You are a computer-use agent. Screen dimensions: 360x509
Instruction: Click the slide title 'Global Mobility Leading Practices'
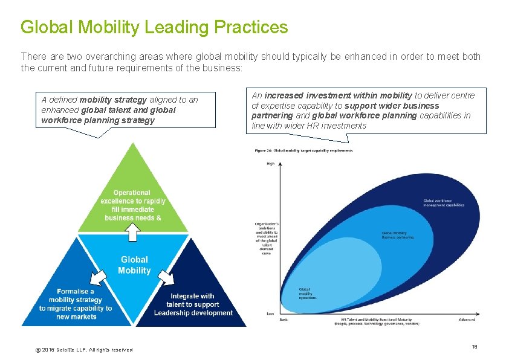[x=154, y=27]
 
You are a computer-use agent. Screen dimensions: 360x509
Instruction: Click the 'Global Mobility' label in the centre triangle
[x=134, y=265]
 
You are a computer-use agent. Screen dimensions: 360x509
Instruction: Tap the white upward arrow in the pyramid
[x=133, y=230]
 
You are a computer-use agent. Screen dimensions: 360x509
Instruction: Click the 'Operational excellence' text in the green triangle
[x=133, y=205]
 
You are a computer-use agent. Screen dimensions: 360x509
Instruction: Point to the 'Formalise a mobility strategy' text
[x=76, y=304]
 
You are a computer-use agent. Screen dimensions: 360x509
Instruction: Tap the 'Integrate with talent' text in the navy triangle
[x=193, y=304]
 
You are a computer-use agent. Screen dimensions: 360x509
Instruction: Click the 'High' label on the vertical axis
[x=270, y=164]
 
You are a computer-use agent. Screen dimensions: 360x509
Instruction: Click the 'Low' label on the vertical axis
[x=270, y=313]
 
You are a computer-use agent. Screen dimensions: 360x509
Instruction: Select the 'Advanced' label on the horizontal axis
[x=467, y=320]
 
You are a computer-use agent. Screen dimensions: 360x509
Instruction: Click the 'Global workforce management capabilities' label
[x=444, y=203]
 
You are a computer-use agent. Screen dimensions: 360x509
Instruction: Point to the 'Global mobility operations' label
[x=307, y=294]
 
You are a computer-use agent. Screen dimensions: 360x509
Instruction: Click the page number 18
[x=475, y=346]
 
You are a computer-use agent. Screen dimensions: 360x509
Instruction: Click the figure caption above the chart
[x=303, y=150]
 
